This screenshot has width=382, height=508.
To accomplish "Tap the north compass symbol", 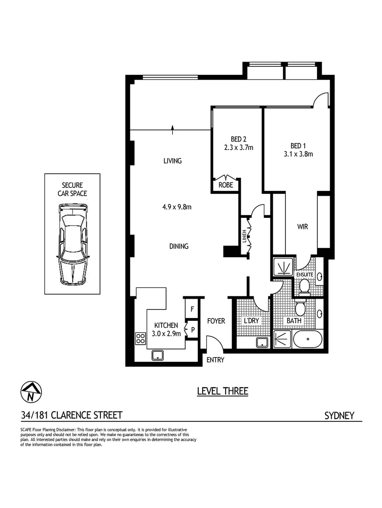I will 31,391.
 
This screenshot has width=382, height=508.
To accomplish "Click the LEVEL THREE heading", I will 222,391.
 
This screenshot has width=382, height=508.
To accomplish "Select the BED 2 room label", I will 238,139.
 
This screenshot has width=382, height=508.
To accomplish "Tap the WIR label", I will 302,227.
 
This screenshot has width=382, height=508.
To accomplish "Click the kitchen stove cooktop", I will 140,337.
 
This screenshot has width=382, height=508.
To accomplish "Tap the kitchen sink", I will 157,355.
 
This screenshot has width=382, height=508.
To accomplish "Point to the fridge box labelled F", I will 192,309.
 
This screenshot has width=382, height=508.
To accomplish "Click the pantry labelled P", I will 193,330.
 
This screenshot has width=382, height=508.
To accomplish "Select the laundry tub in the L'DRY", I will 262,342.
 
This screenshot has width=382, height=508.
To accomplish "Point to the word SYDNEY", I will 339,415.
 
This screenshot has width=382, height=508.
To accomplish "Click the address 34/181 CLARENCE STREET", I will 72,415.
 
